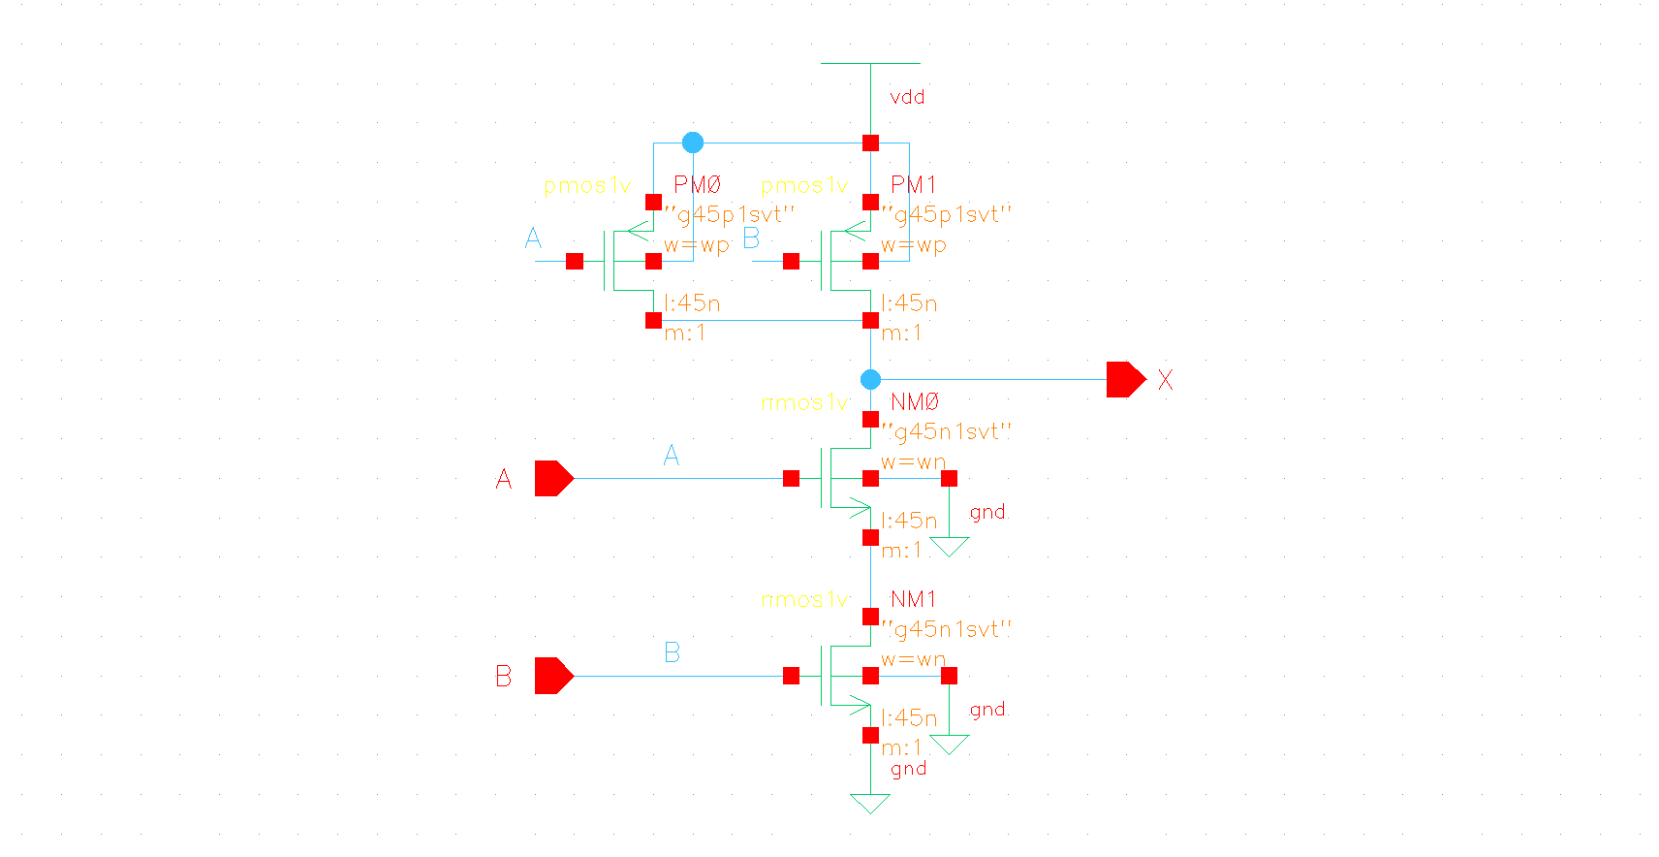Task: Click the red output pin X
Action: (x=1125, y=379)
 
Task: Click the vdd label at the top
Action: (x=907, y=97)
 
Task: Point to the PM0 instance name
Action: (x=698, y=184)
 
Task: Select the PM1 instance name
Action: (x=914, y=184)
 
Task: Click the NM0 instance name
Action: (x=915, y=401)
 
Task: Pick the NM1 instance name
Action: (x=914, y=599)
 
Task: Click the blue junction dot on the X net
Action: (x=870, y=379)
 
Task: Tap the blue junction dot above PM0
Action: (x=692, y=143)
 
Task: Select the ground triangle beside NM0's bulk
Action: (x=950, y=547)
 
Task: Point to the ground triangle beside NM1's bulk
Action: (x=950, y=745)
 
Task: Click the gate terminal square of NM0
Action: (x=792, y=478)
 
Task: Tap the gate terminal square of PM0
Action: (x=575, y=261)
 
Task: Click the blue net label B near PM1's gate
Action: (x=751, y=238)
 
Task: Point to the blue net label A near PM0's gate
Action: (x=533, y=238)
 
